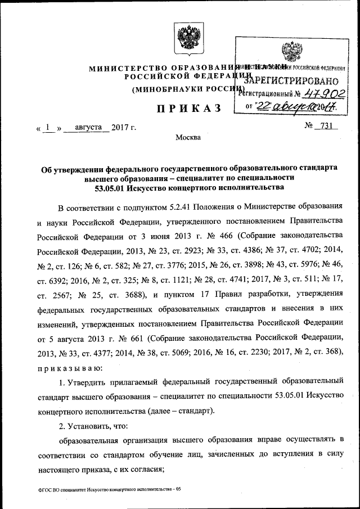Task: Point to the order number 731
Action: tap(326, 126)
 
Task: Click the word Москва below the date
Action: tap(187, 138)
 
